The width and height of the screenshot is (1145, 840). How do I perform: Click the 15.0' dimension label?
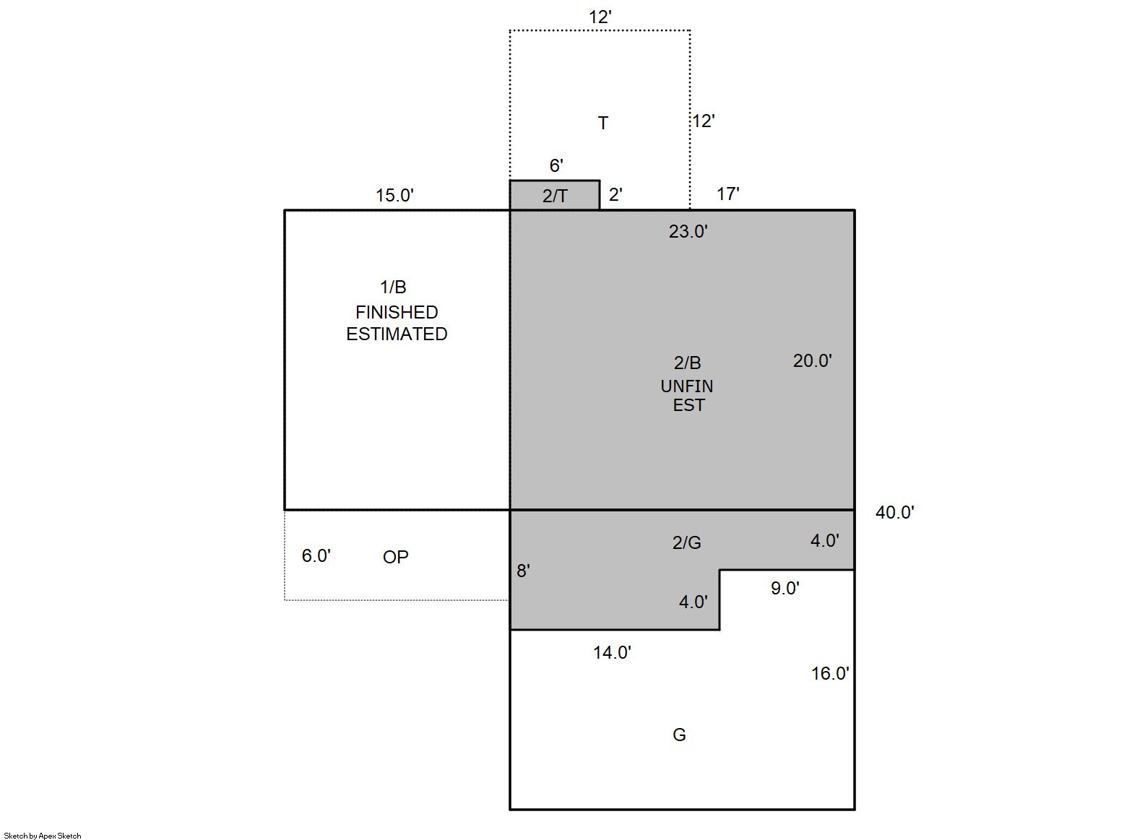coord(394,195)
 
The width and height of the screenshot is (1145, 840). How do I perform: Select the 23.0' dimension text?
coord(688,231)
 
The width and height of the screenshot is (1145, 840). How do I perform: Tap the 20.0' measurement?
coord(812,360)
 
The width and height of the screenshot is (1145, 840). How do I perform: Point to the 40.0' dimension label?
coord(894,512)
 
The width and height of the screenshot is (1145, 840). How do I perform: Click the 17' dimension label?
coord(728,194)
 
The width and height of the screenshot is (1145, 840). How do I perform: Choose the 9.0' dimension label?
coord(785,588)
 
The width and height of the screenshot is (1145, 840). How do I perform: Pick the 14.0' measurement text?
coord(612,652)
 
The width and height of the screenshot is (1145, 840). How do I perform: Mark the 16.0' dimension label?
coord(830,673)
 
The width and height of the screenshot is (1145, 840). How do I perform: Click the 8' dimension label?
coord(523,571)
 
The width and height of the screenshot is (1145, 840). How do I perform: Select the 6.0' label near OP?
coord(316,555)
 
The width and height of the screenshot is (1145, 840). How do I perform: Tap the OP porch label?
coord(396,557)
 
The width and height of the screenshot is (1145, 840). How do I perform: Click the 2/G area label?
coord(686,542)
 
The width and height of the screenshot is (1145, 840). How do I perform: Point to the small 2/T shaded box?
coord(555,195)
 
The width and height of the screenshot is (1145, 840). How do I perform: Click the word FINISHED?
coord(397,312)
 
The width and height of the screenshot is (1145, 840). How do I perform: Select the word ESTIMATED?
coord(397,334)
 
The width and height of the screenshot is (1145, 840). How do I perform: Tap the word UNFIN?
coord(686,386)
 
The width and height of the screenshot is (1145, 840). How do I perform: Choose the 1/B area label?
coord(393,287)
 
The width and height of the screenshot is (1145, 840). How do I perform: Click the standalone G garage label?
coord(679,735)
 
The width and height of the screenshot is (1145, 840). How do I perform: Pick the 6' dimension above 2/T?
coord(556,165)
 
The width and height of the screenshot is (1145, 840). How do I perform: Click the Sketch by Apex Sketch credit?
coord(43,836)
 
